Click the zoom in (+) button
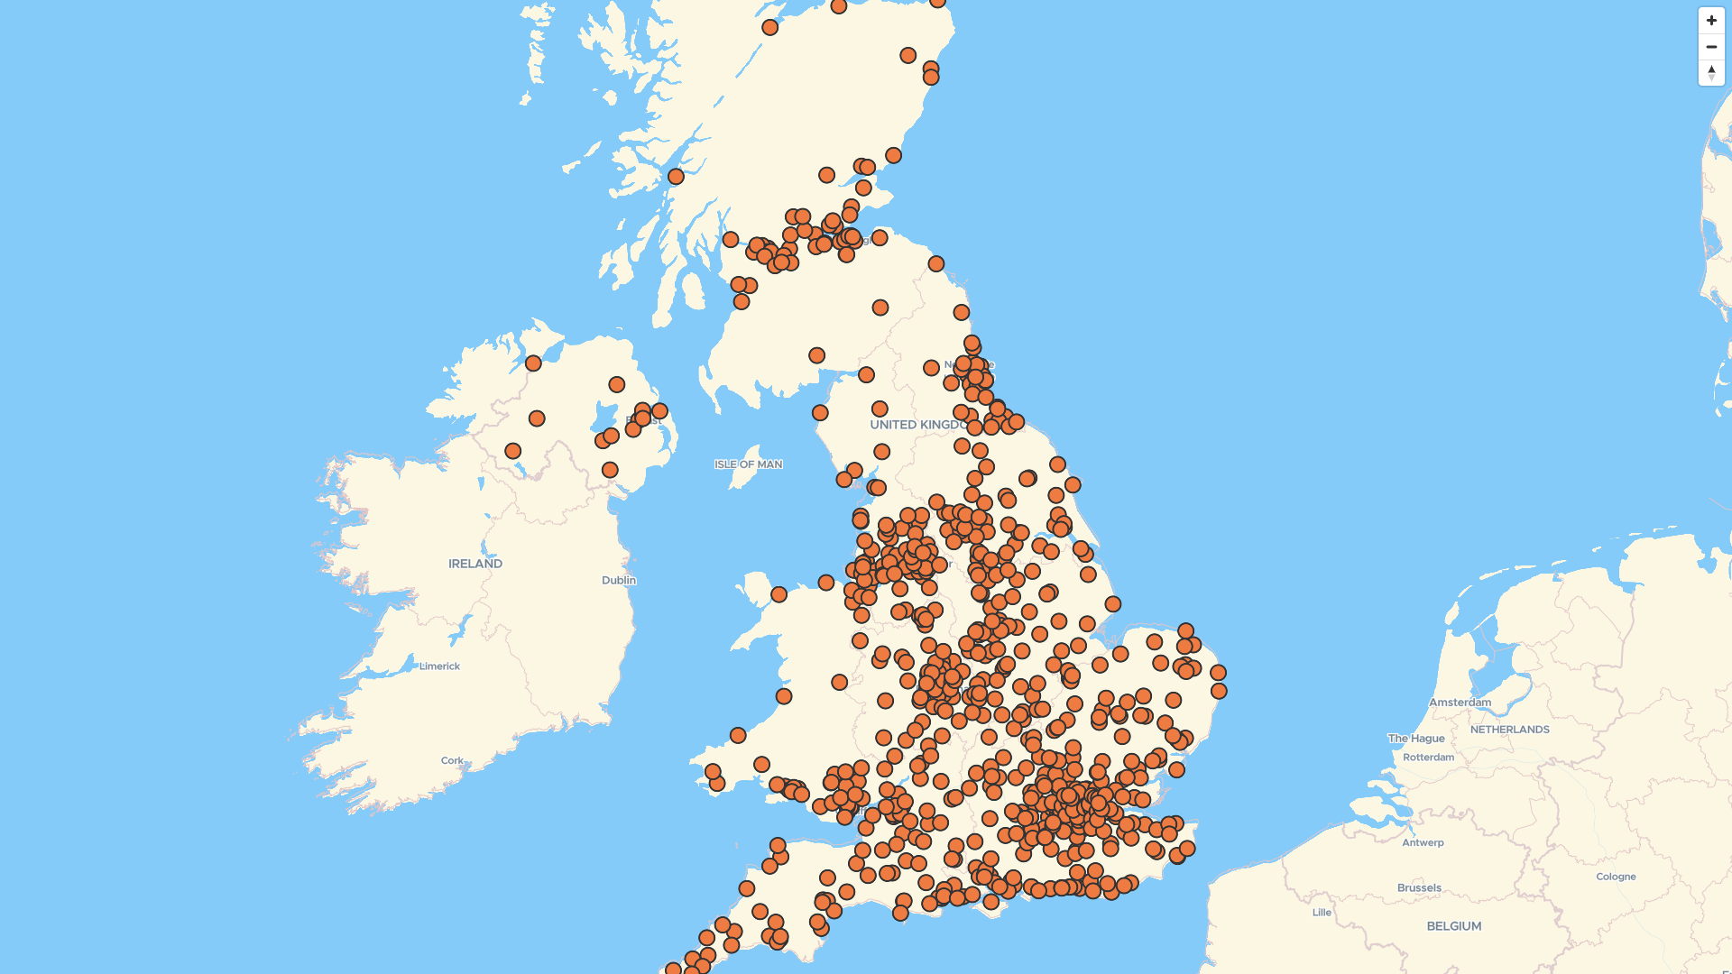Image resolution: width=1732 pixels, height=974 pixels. coord(1711,20)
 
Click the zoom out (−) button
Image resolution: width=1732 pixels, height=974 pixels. coord(1711,46)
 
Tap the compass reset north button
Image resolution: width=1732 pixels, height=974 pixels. coord(1711,72)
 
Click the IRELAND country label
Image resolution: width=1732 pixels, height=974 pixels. coord(475,564)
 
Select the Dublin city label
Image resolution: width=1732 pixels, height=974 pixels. coord(619,580)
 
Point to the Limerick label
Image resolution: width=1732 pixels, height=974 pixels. coord(439,666)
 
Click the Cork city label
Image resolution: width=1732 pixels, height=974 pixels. coord(452,760)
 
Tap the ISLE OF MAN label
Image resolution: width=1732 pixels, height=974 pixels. coord(748,464)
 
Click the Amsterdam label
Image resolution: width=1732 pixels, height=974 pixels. coord(1460,703)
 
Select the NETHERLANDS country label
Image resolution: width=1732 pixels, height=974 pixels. coord(1509,730)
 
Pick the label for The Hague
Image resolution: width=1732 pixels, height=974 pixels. coord(1416,739)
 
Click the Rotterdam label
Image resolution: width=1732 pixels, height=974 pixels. coord(1428,758)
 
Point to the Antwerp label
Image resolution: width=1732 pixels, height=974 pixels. coord(1423,842)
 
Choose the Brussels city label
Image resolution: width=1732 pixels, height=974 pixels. coord(1419,888)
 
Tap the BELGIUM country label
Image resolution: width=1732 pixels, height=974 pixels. coord(1453,926)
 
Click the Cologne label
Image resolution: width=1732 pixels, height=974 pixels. coord(1615,877)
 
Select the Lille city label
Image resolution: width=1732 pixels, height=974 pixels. coord(1322,913)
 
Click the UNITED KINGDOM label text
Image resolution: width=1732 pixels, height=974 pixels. coord(916,425)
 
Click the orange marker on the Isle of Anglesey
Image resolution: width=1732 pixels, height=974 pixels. coord(778,594)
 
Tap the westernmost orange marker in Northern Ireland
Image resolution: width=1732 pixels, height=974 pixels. coord(512,451)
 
